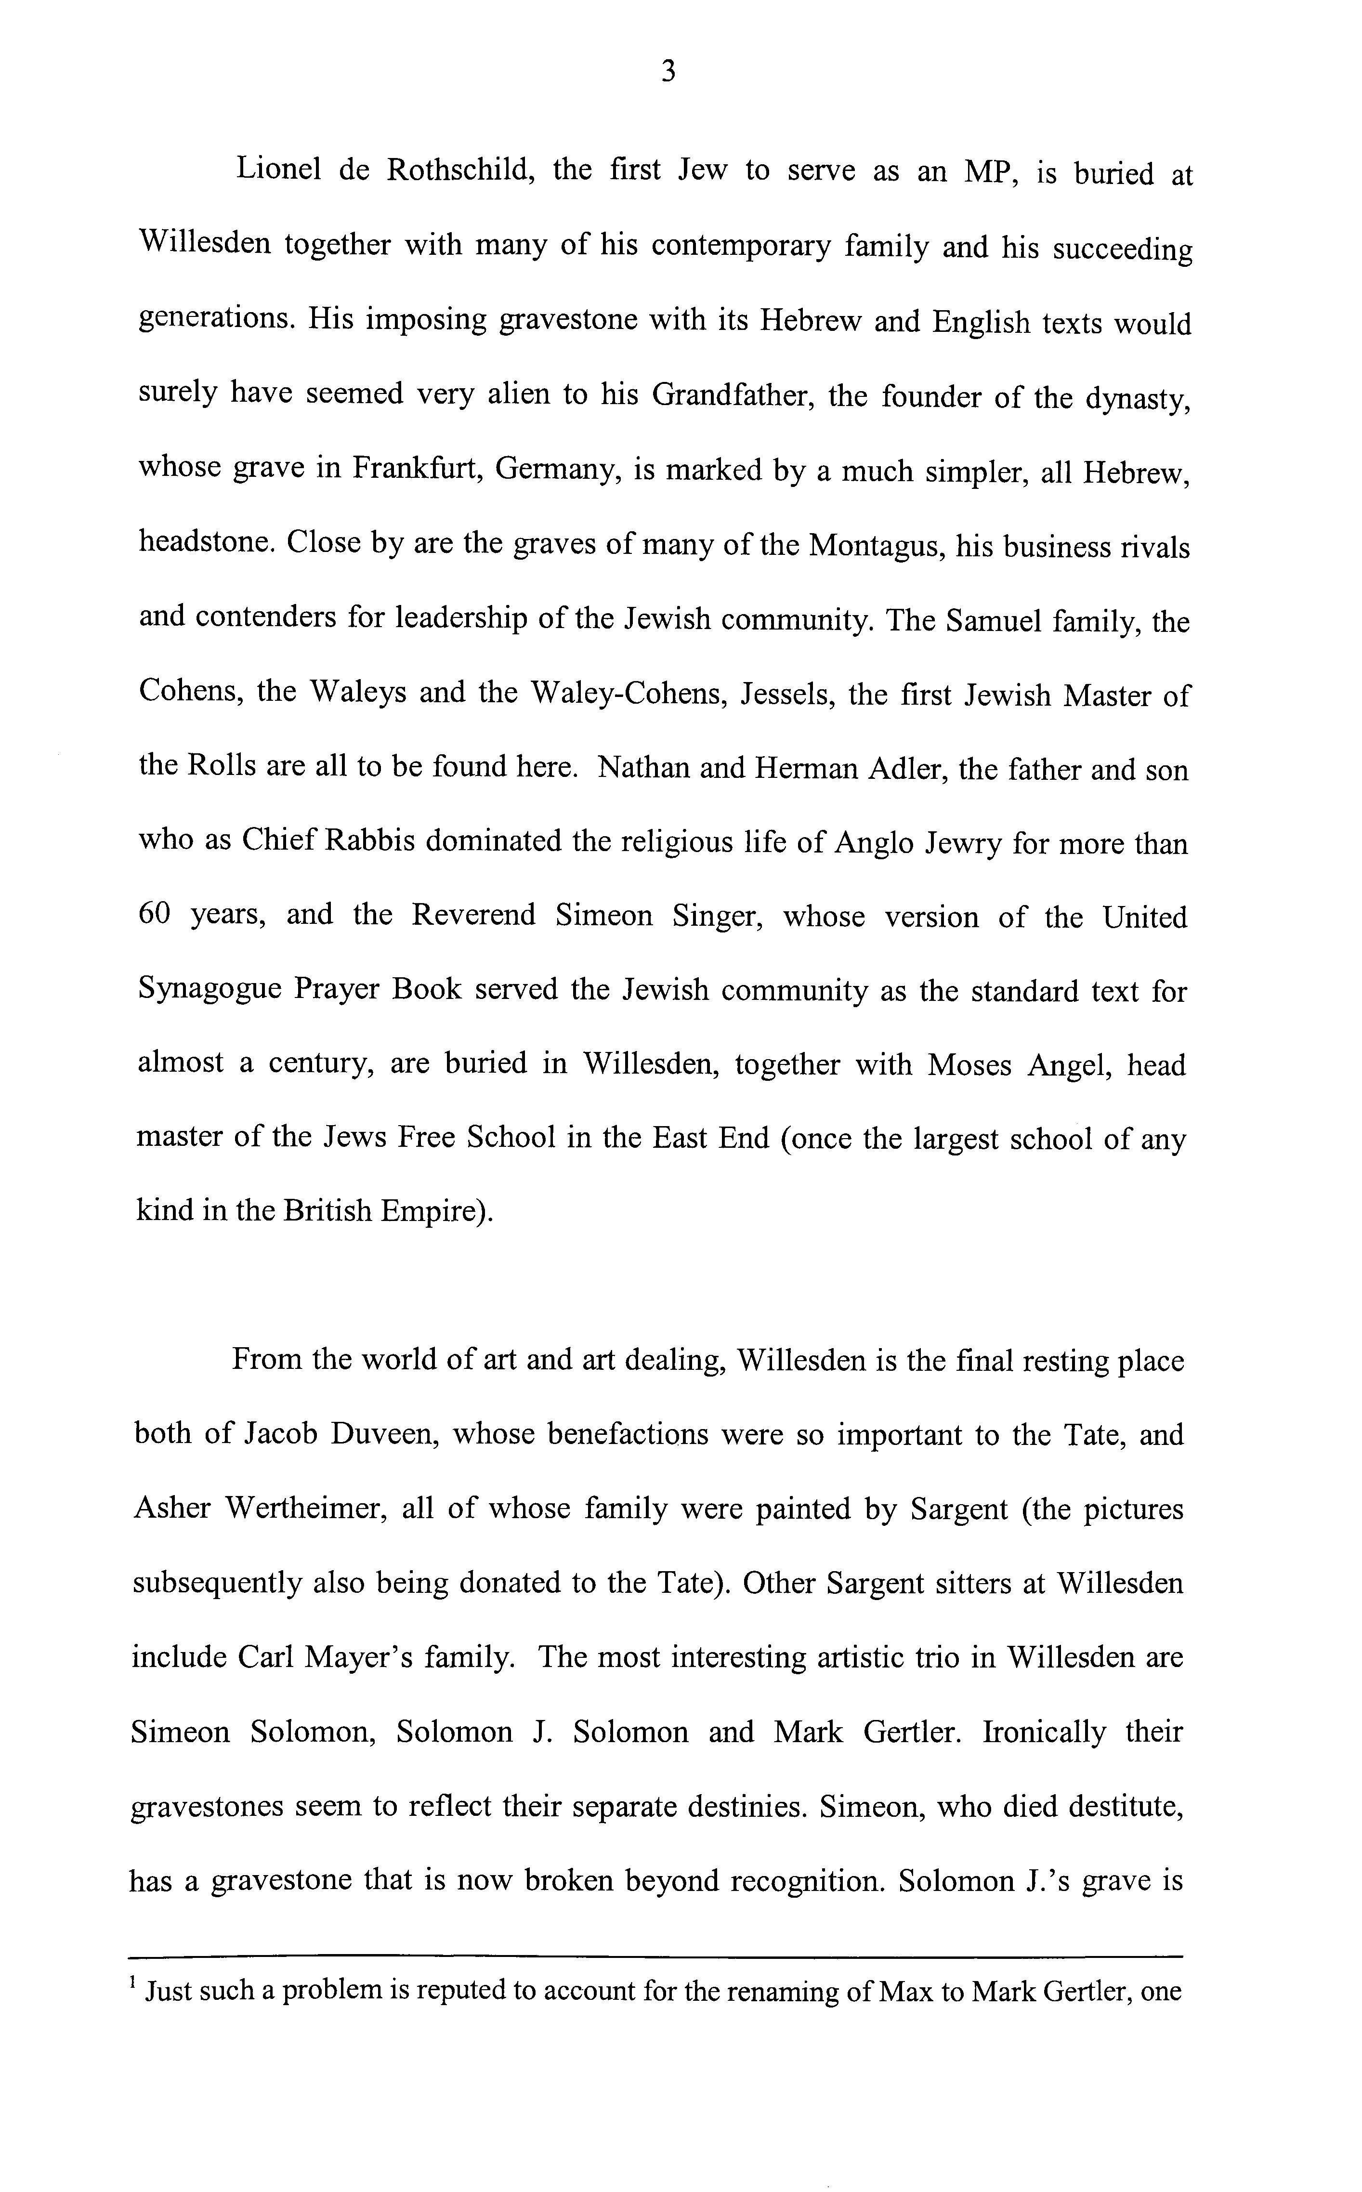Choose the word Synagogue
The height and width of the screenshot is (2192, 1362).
(212, 990)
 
